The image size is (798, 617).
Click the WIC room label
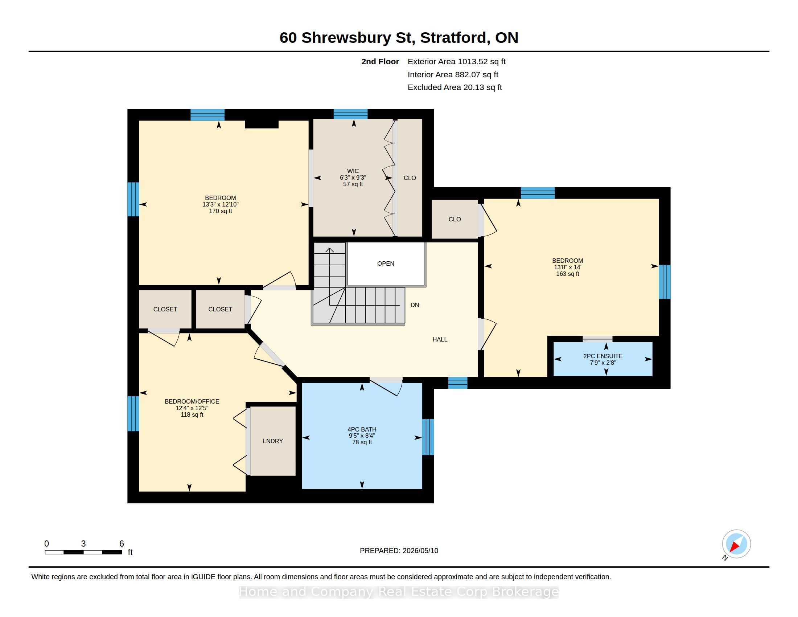tap(353, 171)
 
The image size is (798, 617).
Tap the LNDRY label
tap(273, 441)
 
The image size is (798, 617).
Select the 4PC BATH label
tap(362, 429)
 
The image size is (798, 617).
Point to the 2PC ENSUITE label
tap(603, 356)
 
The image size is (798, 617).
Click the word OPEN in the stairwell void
tap(386, 263)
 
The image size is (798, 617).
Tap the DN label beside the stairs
tap(415, 305)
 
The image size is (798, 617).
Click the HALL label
tap(440, 339)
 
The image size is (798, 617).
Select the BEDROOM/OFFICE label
tap(192, 401)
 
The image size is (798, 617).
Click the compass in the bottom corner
tap(736, 544)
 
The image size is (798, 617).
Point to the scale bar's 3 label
tap(83, 544)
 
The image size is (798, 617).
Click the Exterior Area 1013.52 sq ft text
tap(457, 61)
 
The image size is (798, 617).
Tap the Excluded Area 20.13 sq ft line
tap(455, 87)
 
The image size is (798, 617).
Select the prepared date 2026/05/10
tap(420, 551)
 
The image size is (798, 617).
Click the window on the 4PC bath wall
tap(428, 437)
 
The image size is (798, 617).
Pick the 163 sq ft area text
tap(567, 274)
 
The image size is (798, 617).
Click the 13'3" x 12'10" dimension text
tap(220, 204)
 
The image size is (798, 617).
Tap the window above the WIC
tap(350, 114)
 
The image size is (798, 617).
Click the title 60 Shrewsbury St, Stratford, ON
tap(399, 37)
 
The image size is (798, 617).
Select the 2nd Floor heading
tap(380, 61)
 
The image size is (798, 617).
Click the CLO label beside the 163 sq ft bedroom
tap(454, 219)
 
